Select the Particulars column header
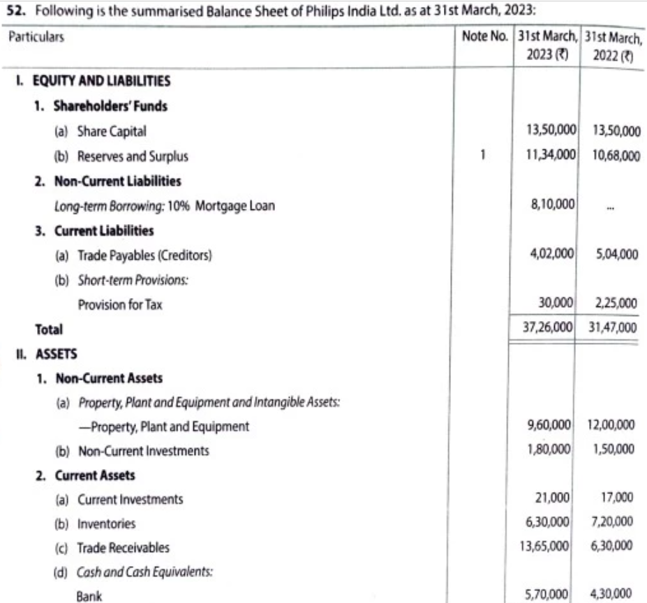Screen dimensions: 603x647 pos(36,37)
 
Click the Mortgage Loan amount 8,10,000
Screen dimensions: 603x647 pos(553,204)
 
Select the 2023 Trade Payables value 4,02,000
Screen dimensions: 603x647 pos(553,255)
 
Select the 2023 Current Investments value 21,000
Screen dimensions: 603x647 pos(560,498)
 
